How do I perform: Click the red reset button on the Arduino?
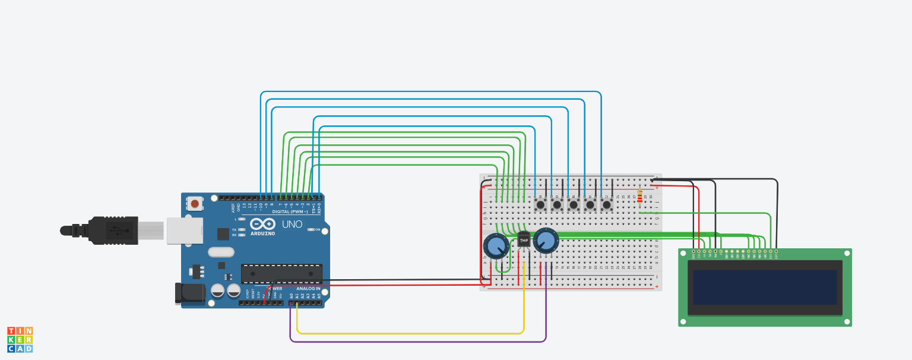(x=195, y=204)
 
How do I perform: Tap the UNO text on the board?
(x=292, y=224)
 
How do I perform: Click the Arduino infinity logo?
(x=262, y=224)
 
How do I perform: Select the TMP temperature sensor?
(x=524, y=240)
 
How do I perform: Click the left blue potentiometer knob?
(x=496, y=245)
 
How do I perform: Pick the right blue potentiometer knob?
(x=546, y=240)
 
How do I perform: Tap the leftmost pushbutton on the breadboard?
(x=540, y=205)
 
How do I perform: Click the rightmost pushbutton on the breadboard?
(x=606, y=205)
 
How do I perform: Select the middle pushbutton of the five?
(x=574, y=205)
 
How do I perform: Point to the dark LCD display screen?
(x=765, y=288)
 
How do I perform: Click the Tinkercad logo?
(x=20, y=339)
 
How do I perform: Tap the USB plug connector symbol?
(x=113, y=230)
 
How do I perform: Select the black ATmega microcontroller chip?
(x=281, y=273)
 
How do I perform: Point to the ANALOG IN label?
(x=308, y=289)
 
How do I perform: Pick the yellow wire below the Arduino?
(x=410, y=333)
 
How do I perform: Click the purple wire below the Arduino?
(x=416, y=342)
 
